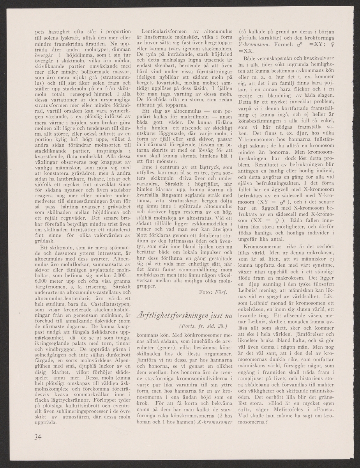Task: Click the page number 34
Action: [37, 436]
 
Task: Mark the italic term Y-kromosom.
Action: [254, 44]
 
